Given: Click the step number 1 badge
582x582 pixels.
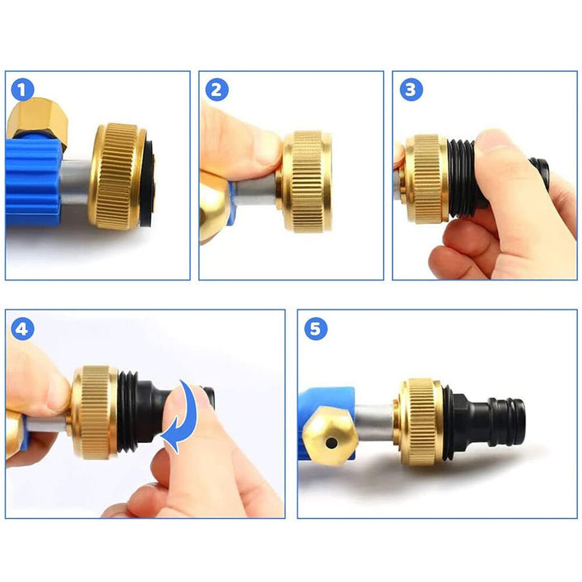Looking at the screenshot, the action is (23, 90).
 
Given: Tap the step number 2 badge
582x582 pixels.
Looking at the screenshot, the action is (217, 90).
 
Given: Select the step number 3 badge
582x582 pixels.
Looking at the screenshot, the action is (411, 90).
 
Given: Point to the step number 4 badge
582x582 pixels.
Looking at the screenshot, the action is (23, 329).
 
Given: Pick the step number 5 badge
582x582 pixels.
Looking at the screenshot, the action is (315, 329).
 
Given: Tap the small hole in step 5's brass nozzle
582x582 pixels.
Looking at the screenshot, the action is (331, 442).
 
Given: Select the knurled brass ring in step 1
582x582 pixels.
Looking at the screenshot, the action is (118, 176).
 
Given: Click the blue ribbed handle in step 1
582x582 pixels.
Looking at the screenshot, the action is (32, 182).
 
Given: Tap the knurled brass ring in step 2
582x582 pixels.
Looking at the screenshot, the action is (306, 182).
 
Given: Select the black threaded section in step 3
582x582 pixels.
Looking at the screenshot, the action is (464, 178).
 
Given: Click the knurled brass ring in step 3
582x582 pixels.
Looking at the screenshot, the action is (425, 179).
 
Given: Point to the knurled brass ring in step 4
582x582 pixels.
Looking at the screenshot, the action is (94, 412).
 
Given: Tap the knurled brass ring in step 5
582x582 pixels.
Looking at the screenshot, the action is (421, 422).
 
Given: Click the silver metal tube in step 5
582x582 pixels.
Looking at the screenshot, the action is (375, 423).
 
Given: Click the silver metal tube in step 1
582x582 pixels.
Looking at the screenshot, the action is (76, 182).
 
